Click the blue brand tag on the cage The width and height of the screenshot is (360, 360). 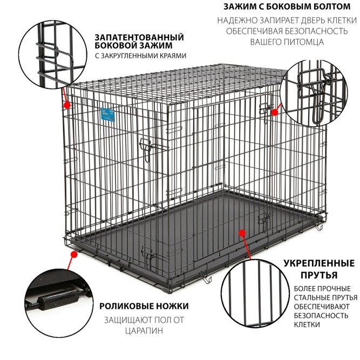108,114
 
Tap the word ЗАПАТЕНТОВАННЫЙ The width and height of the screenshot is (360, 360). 139,37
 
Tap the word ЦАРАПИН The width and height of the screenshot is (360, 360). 144,331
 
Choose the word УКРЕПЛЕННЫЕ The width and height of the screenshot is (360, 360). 319,263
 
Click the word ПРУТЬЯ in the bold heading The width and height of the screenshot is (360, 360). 319,275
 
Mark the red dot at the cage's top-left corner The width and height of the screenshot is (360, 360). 67,105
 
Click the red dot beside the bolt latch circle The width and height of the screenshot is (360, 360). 275,112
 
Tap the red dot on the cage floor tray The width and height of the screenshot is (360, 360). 242,233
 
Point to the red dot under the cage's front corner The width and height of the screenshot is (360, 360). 74,254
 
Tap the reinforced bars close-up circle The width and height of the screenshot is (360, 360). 255,294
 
